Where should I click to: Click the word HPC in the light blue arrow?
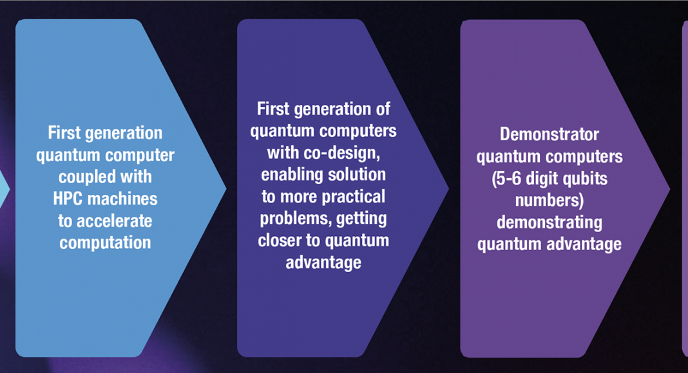tap(68, 199)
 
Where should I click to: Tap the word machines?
tap(122, 199)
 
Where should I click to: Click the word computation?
tap(105, 243)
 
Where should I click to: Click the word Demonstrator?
tap(549, 134)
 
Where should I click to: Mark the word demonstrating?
tap(549, 223)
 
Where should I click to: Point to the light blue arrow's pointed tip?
tap(226, 188)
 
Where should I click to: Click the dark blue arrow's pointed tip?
tap(448, 188)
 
